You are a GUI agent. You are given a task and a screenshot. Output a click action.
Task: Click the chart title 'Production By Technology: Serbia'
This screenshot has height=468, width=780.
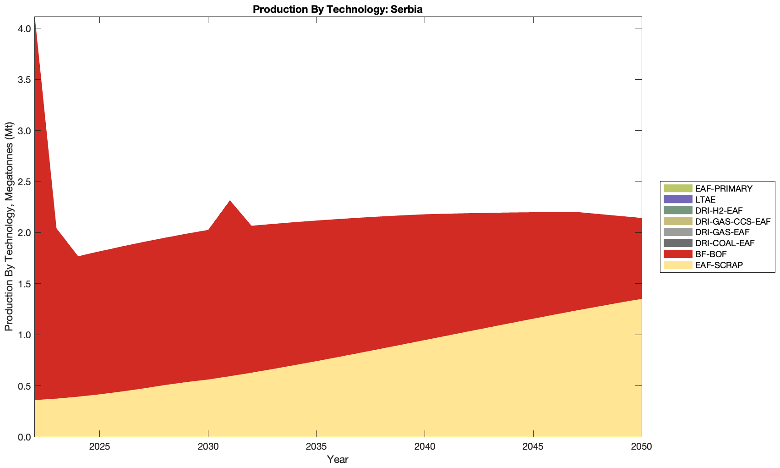pos(338,9)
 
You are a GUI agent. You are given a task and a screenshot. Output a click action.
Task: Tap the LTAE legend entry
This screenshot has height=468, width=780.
pos(705,199)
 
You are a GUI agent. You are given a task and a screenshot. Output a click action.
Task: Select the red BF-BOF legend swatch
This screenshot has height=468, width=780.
pos(677,254)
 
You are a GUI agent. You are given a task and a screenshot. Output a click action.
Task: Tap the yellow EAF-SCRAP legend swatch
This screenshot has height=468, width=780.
pos(677,265)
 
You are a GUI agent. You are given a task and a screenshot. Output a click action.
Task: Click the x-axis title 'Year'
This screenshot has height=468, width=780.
pos(338,459)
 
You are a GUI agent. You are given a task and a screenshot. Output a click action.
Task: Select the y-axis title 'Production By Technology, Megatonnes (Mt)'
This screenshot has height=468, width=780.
pos(9,227)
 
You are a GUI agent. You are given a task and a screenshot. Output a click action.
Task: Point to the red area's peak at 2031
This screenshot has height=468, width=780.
pos(230,201)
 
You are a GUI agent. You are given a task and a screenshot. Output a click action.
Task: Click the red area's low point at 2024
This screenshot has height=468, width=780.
pos(78,257)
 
